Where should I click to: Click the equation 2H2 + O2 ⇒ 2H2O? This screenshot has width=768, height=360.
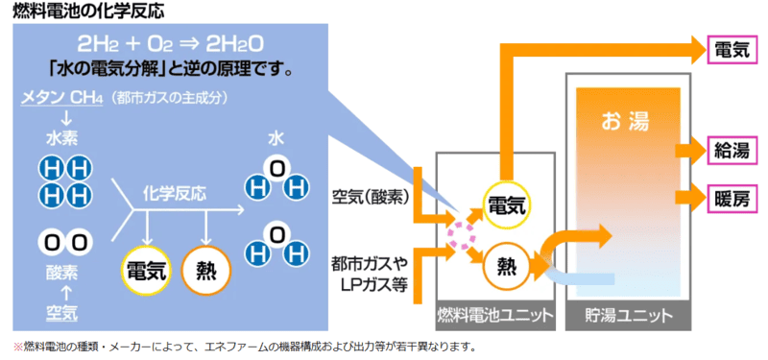pyautogui.click(x=170, y=46)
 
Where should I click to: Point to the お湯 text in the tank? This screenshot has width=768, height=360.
pyautogui.click(x=625, y=121)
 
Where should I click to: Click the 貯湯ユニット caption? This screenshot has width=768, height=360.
pyautogui.click(x=625, y=314)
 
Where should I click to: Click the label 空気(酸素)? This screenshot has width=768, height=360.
pyautogui.click(x=371, y=197)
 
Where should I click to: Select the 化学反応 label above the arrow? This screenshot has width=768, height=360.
pyautogui.click(x=175, y=192)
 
